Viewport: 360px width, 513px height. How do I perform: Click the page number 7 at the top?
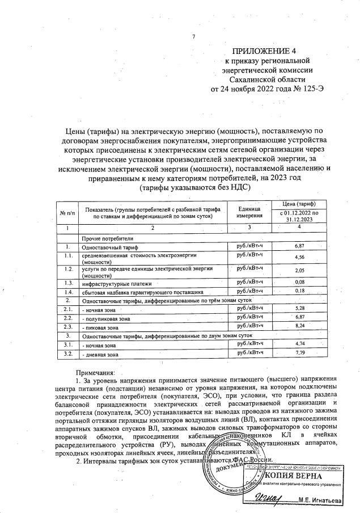tap(194, 37)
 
